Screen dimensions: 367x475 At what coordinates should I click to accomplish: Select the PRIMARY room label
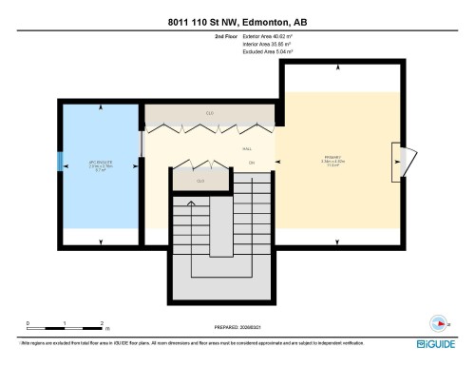pos(333,156)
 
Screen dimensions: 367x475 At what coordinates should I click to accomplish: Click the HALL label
pos(246,150)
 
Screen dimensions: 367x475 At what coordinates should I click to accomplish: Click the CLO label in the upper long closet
pos(209,113)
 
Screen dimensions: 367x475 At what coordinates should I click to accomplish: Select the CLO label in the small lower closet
pos(200,180)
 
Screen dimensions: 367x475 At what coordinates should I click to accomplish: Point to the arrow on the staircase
pos(192,204)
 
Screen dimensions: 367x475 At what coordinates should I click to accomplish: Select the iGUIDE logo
pos(439,344)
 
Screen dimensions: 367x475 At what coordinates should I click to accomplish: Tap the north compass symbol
pos(439,319)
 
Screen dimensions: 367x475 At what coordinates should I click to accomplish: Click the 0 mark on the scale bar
pos(28,324)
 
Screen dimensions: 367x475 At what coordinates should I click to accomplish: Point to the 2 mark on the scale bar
pos(101,324)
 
